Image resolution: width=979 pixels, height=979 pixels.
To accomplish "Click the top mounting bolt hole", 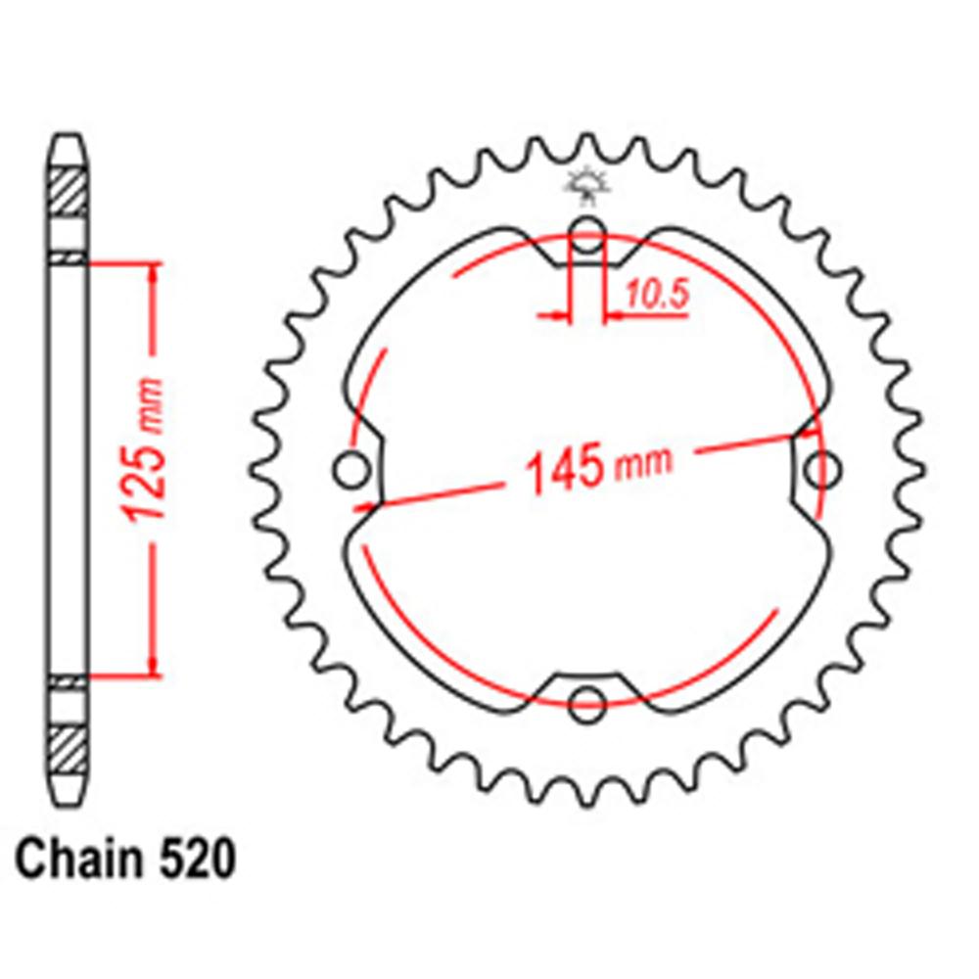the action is pos(586,234).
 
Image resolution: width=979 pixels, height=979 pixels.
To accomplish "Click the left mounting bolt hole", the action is pos(352,470).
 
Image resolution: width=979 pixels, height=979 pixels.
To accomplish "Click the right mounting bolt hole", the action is pos(822,470).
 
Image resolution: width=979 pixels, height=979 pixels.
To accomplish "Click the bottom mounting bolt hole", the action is pos(586,704).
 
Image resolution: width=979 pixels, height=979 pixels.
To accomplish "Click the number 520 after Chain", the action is pos(198,860).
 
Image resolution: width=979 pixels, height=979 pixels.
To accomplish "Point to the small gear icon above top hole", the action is pos(586,185).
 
